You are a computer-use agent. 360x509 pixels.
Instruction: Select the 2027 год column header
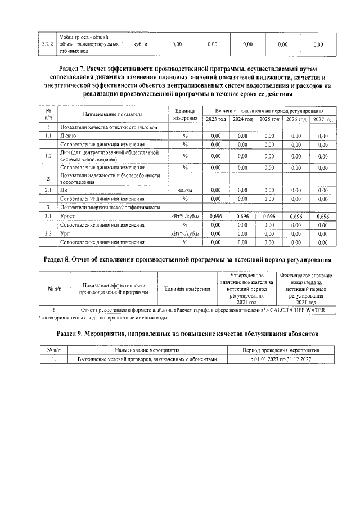coord(323,119)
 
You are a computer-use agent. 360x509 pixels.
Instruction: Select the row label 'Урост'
coord(67,217)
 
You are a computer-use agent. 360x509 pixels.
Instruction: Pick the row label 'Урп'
coord(65,233)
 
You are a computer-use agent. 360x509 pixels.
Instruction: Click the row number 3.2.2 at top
coord(48,43)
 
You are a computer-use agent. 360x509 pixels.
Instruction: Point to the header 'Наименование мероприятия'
coord(146,349)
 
